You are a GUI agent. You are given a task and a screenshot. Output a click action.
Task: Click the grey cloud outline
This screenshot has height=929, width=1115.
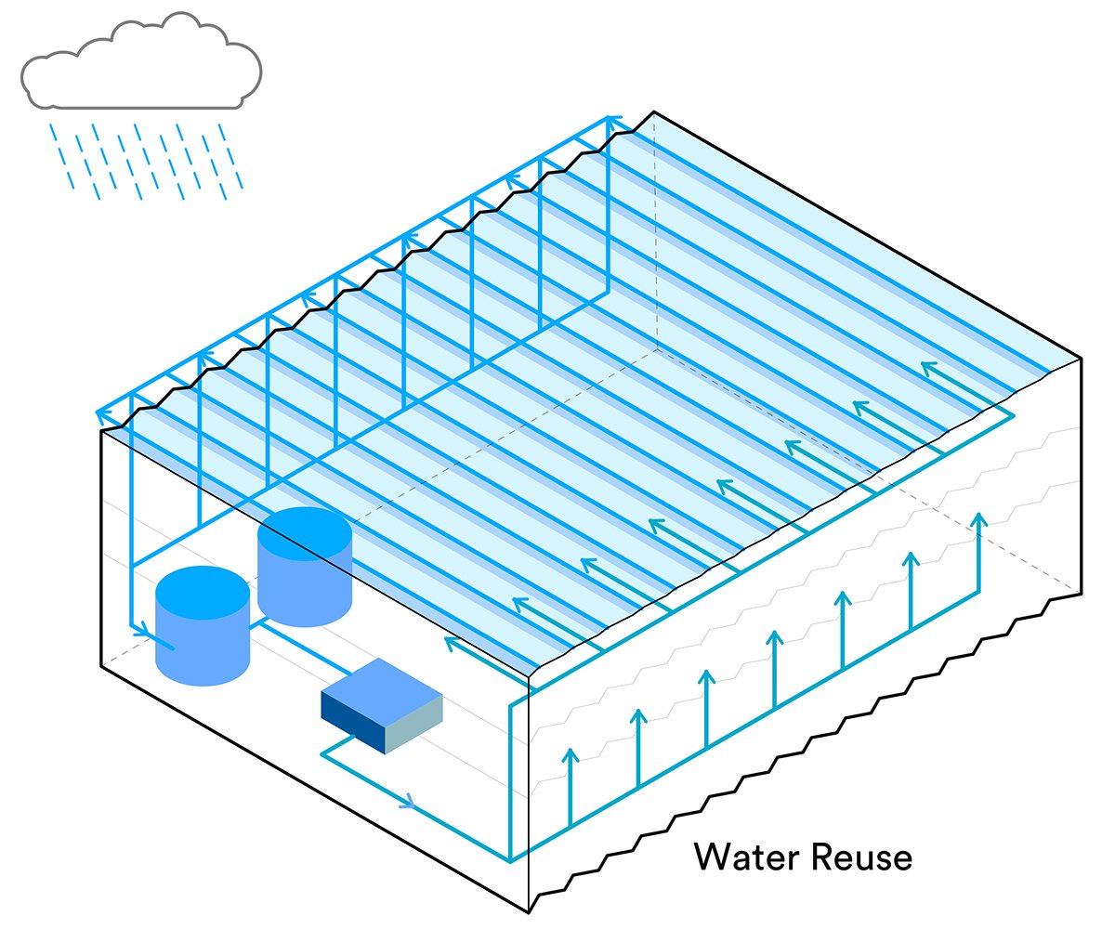click(x=139, y=61)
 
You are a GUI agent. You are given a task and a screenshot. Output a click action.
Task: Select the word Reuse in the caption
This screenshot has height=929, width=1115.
click(x=860, y=857)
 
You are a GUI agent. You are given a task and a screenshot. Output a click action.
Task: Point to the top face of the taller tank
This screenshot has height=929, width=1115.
click(x=305, y=533)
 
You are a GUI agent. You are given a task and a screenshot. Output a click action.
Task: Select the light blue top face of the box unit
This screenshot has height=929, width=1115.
click(x=381, y=687)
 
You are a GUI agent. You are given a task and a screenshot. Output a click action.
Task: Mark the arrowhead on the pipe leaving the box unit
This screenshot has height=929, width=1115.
click(x=407, y=801)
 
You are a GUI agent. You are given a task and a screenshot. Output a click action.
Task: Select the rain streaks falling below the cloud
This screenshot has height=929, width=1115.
click(x=144, y=158)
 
